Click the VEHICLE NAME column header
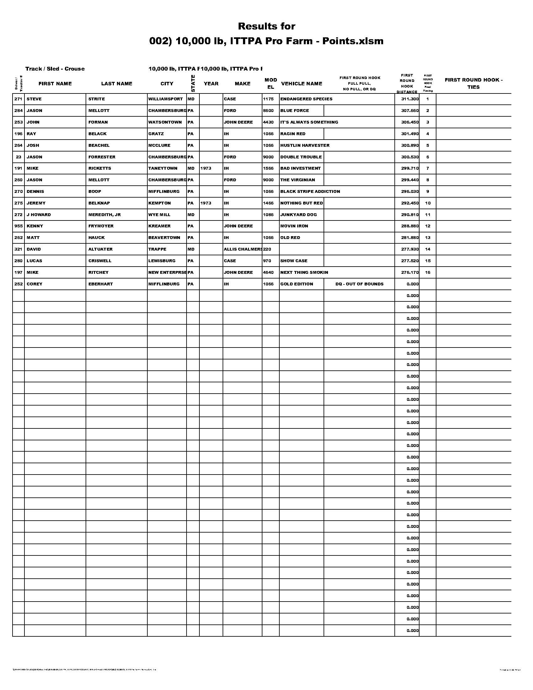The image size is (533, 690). click(301, 84)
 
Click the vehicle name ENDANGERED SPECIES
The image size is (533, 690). click(306, 99)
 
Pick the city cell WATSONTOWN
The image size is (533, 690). click(165, 122)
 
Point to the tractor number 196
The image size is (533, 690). click(18, 134)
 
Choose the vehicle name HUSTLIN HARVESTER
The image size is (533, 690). click(305, 145)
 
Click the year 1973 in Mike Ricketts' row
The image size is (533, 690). click(206, 168)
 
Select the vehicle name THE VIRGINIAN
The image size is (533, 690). click(298, 180)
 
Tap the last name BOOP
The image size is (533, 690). click(95, 191)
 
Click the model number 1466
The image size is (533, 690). click(268, 203)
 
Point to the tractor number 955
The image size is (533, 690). click(18, 226)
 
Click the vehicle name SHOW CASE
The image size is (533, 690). click(294, 261)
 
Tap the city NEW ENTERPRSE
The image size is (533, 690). click(167, 272)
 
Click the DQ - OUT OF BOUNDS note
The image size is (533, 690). click(359, 284)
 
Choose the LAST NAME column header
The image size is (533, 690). click(117, 84)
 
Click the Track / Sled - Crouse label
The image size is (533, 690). click(55, 69)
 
